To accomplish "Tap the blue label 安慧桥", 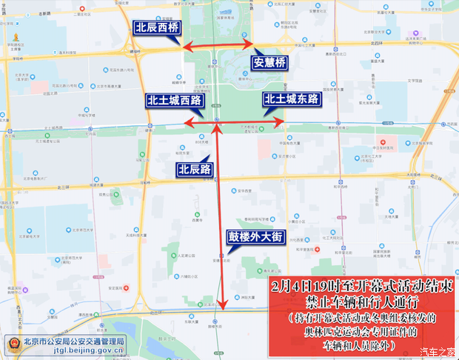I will click(269, 63).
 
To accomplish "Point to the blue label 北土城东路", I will click(291, 99).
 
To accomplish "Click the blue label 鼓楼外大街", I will click(255, 237).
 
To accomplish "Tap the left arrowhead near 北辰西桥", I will click(186, 48).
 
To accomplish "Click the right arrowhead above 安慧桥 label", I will click(249, 46).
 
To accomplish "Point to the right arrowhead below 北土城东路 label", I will click(281, 121).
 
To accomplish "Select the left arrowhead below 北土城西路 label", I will click(189, 121).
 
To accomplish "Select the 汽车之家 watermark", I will click(437, 351).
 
